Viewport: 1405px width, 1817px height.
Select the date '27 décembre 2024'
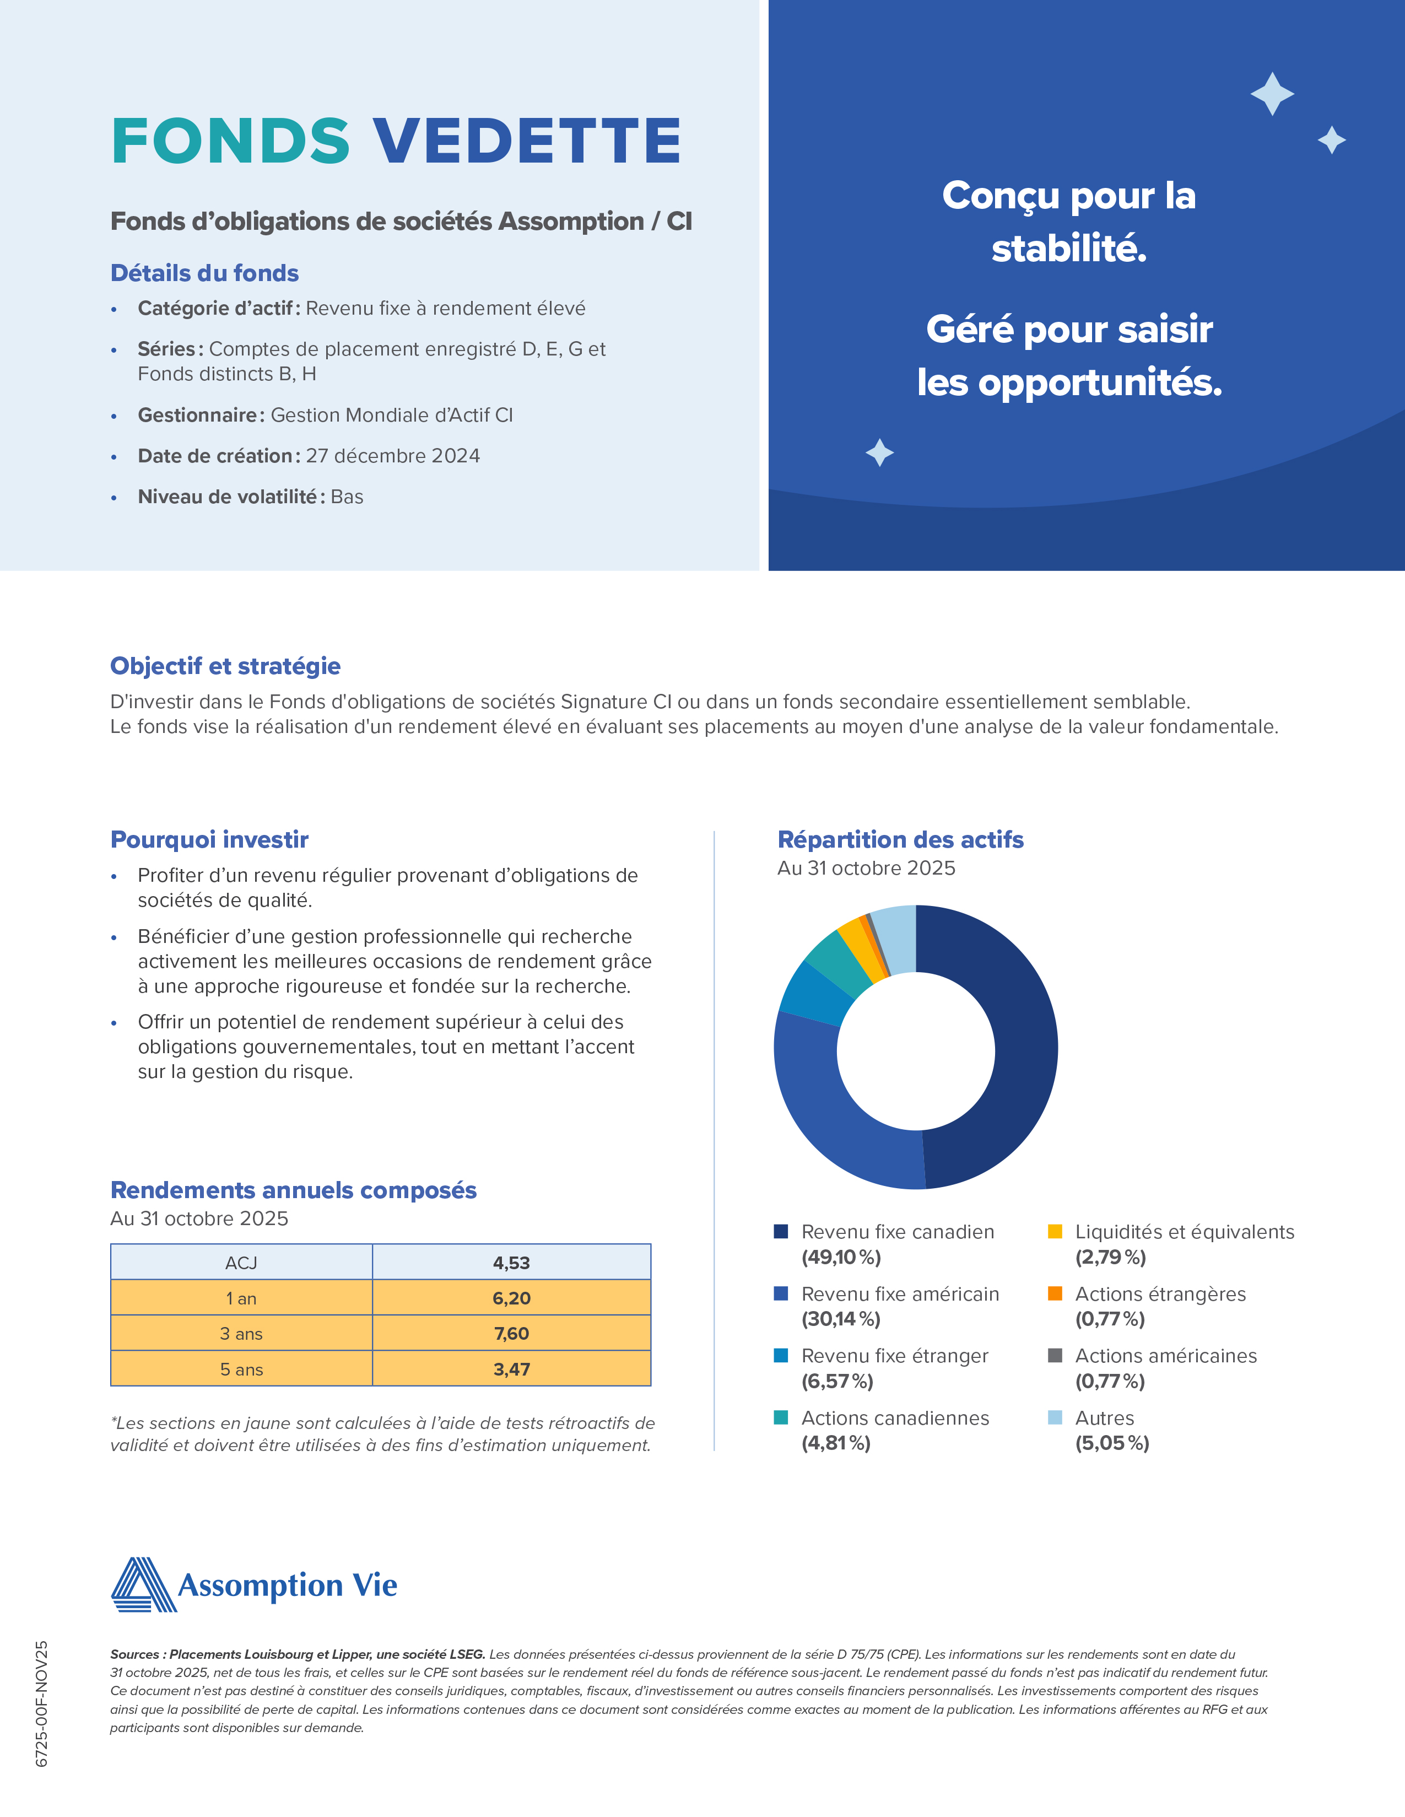pos(393,456)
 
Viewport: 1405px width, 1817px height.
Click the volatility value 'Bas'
pos(347,497)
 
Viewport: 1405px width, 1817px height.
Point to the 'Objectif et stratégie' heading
pos(225,666)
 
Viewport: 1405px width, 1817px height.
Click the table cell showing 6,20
pos(511,1298)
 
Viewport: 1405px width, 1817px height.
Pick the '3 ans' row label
pos(241,1334)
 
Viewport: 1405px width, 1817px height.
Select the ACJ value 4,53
pos(511,1263)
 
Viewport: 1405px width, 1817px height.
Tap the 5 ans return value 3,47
pos(511,1370)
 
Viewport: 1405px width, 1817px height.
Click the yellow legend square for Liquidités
pos(1055,1231)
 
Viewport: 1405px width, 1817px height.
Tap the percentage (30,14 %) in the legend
pos(840,1319)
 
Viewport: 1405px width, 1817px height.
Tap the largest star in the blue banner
pos(1272,94)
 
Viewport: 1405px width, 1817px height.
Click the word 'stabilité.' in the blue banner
pos(1069,248)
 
